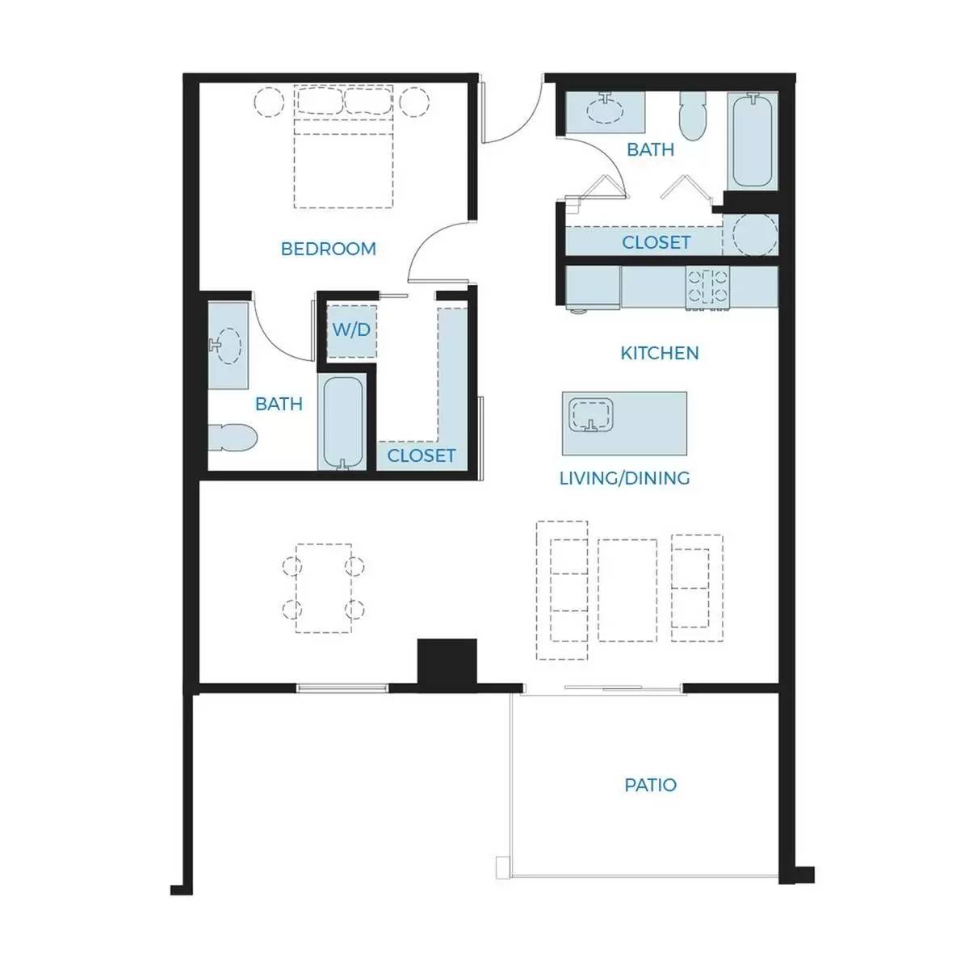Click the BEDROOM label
328,249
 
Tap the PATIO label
650,785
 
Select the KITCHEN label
659,353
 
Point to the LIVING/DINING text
624,478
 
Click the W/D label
351,330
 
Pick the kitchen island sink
591,415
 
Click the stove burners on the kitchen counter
708,286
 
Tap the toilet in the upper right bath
694,116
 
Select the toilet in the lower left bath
233,438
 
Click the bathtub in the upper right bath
752,140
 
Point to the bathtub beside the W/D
343,423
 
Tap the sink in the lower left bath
228,346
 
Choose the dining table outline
323,588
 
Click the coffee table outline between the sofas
627,590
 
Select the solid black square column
447,662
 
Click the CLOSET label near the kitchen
656,242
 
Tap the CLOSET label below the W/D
422,455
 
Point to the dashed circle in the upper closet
755,235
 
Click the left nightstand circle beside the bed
269,102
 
